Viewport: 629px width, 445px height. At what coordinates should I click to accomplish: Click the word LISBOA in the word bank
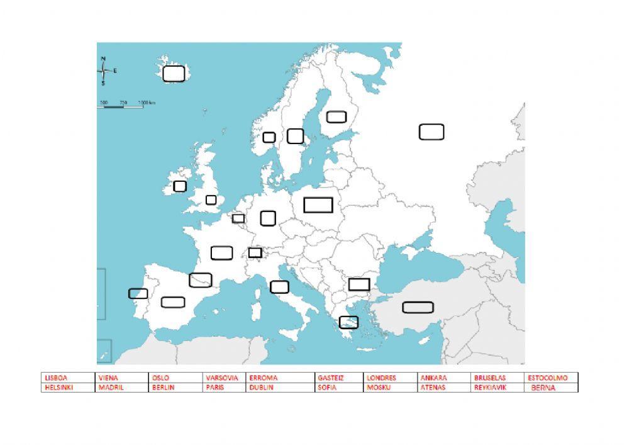55,378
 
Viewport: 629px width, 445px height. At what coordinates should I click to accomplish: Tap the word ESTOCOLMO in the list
547,378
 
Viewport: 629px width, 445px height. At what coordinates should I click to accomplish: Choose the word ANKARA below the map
433,378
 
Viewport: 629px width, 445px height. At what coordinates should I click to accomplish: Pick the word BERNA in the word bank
543,388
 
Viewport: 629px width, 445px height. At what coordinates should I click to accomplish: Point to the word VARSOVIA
221,378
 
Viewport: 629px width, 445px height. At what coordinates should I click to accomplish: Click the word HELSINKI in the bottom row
58,388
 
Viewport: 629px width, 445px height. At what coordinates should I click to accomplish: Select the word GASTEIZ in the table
330,378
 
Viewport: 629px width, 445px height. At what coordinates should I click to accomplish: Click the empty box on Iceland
174,74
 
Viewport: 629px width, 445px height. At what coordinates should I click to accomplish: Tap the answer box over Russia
431,132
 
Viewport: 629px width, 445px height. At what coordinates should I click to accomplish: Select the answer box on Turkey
418,308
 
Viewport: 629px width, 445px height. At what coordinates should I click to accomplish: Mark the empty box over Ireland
180,186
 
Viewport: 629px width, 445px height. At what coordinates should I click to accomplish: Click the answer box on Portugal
138,294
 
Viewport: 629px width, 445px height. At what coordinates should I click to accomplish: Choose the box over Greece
348,322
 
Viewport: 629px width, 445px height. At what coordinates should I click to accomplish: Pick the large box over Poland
318,205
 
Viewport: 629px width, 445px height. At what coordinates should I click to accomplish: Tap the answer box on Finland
337,116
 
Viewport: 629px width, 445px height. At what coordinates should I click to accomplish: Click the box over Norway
269,137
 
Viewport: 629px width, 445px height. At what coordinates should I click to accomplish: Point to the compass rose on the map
104,71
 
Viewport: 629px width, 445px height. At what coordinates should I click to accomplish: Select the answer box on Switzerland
255,252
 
